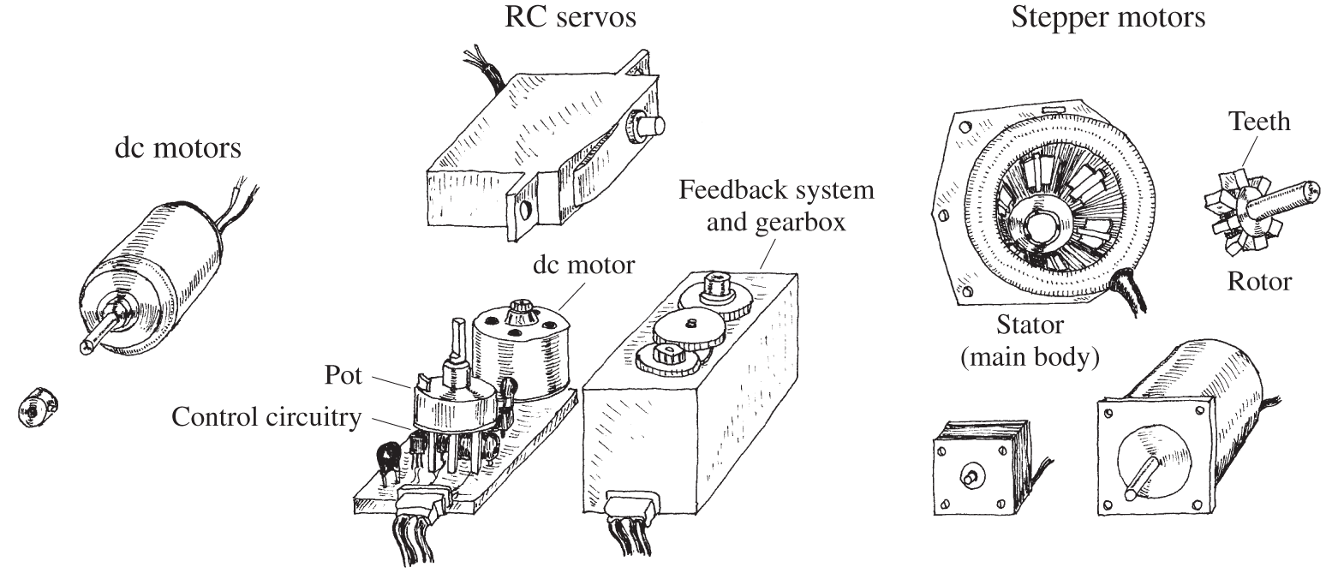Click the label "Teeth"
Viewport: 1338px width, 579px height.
coord(1259,121)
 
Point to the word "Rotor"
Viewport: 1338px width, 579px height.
coord(1259,280)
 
